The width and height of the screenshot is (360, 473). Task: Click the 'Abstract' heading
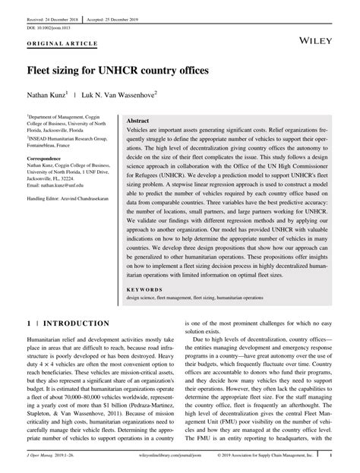click(x=137, y=121)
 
